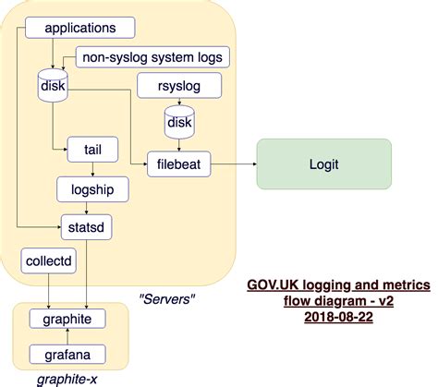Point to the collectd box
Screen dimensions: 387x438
[48, 260]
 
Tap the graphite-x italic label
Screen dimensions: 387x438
[67, 378]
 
